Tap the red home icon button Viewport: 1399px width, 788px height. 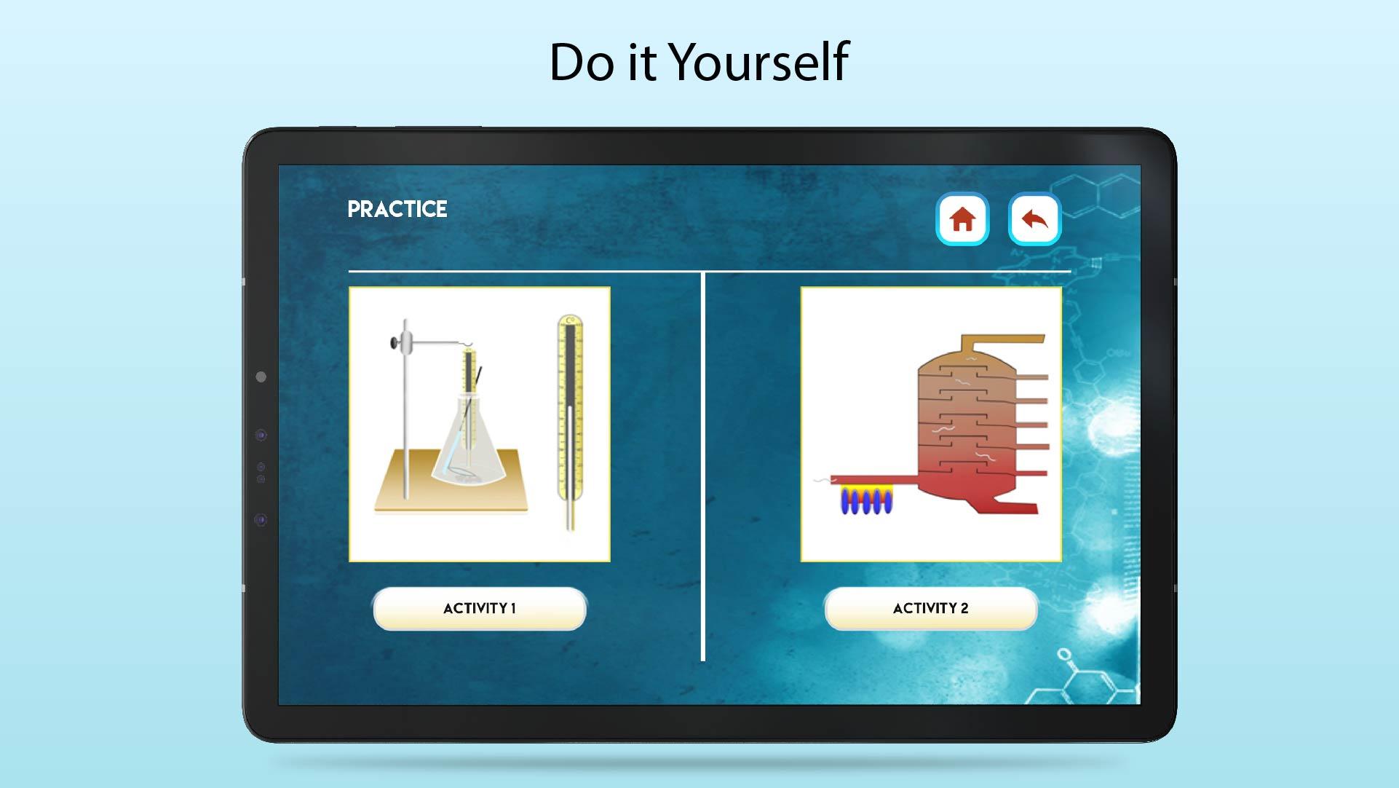tap(962, 218)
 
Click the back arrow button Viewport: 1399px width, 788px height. tap(1034, 218)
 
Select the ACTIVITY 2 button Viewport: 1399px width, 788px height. tap(930, 608)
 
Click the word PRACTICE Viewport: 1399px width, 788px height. tap(397, 209)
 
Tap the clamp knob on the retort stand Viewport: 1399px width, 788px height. tap(395, 342)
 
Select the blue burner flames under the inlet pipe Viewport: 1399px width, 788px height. tap(865, 501)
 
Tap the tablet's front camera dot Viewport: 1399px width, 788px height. tap(261, 377)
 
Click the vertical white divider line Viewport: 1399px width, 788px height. tap(702, 466)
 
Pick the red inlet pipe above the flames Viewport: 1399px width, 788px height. tap(873, 479)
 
